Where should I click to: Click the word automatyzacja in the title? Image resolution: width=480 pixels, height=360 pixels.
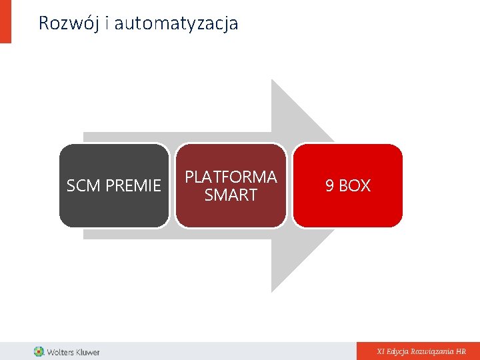click(x=176, y=24)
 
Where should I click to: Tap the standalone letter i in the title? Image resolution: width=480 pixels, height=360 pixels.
click(x=109, y=24)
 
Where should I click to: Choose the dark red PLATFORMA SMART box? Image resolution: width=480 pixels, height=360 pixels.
click(x=231, y=213)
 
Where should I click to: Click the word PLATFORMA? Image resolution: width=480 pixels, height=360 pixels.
click(x=231, y=177)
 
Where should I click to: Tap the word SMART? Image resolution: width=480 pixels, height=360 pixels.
click(x=231, y=195)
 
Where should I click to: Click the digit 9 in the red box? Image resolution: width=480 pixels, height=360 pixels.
click(x=329, y=186)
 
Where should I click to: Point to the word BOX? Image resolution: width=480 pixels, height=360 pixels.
click(x=355, y=186)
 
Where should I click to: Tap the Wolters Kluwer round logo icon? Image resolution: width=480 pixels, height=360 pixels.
click(x=39, y=351)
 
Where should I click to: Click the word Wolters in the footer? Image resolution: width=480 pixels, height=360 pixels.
click(x=60, y=351)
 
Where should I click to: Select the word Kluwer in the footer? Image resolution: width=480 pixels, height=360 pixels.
click(x=87, y=351)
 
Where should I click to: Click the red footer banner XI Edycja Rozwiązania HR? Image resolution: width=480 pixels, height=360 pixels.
click(x=418, y=351)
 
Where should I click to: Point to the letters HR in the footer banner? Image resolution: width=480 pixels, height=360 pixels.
click(x=461, y=351)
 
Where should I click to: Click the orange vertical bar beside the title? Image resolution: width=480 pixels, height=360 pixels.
click(x=5, y=21)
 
